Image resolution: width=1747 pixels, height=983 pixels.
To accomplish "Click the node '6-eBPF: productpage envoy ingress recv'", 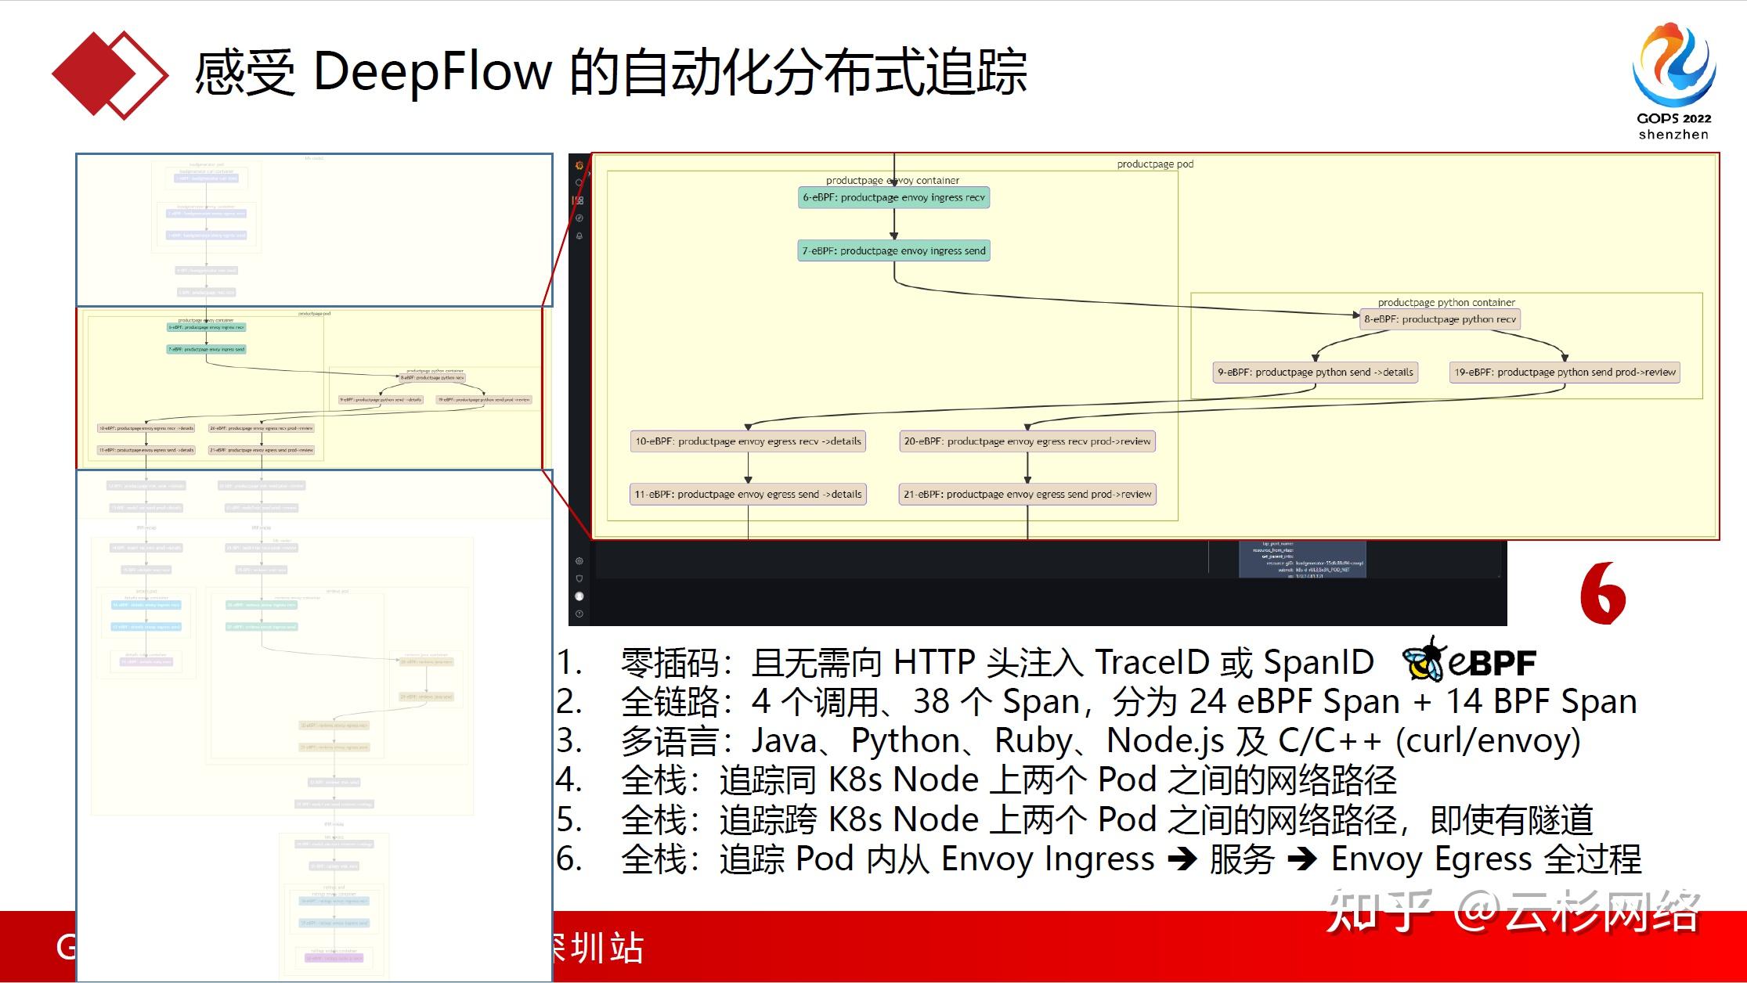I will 893,198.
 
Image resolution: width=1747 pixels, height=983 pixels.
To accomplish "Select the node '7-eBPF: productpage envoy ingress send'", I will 893,251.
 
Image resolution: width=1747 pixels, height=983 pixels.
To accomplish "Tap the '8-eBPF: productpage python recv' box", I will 1439,319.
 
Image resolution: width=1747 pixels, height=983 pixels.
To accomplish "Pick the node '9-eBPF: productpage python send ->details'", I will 1315,373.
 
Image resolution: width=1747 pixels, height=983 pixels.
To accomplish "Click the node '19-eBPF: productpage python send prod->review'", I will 1565,373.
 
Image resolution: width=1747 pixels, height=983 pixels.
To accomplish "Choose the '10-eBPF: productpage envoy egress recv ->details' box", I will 748,441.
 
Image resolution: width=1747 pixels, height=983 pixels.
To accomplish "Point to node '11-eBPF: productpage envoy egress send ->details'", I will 748,495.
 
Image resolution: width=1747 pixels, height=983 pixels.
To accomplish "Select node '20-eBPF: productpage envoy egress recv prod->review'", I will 1027,441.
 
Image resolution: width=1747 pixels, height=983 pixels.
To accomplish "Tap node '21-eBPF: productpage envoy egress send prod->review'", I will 1027,495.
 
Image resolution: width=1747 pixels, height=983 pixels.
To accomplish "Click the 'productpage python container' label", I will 1446,302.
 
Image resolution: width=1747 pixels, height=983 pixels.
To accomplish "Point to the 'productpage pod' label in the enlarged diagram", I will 1155,164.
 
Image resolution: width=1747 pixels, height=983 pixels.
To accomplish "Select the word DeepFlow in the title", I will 432,72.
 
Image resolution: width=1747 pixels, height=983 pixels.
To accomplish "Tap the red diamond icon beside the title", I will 110,74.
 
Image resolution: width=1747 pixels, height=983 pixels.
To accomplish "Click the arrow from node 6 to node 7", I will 893,225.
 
